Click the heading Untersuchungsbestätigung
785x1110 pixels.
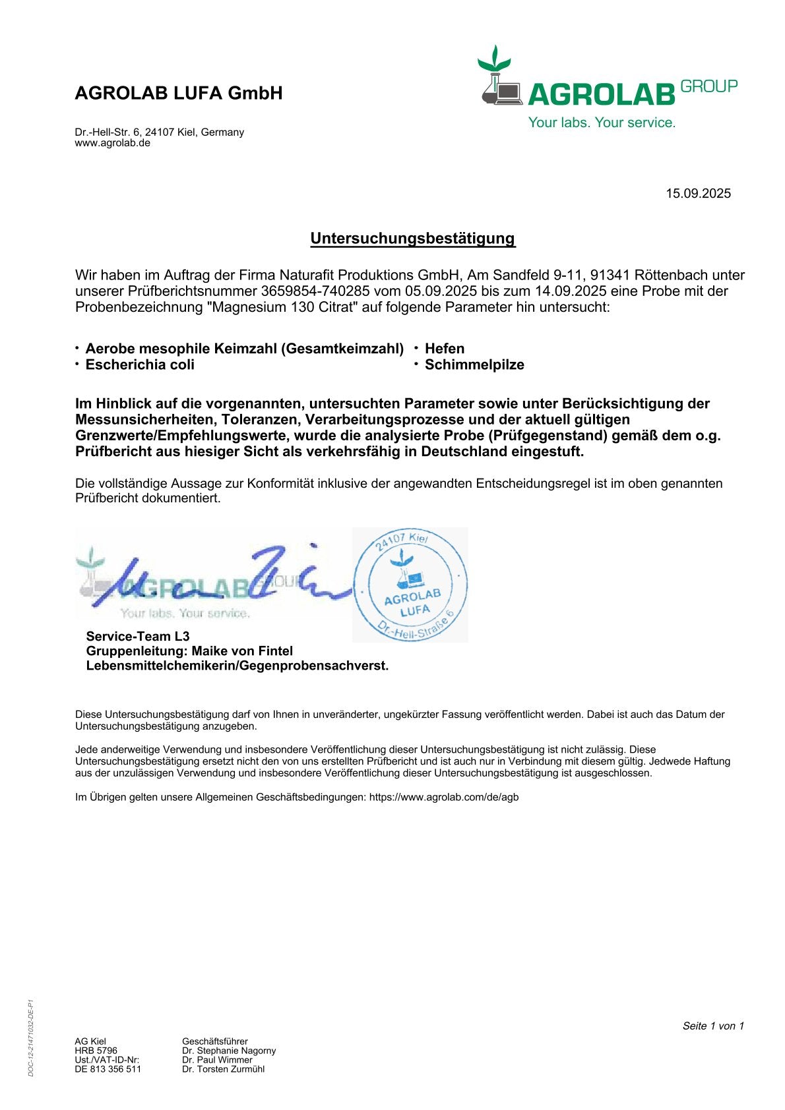pyautogui.click(x=412, y=238)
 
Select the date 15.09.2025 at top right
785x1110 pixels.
pyautogui.click(x=698, y=193)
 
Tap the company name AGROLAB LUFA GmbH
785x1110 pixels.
pyautogui.click(x=179, y=93)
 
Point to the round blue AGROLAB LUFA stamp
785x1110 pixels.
pyautogui.click(x=410, y=585)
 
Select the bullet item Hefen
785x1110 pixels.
pyautogui.click(x=445, y=349)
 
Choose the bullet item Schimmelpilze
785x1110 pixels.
pyautogui.click(x=474, y=365)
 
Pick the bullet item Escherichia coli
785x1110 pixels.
pyautogui.click(x=140, y=365)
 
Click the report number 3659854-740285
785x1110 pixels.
pyautogui.click(x=315, y=291)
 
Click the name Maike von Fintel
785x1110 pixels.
pyautogui.click(x=242, y=651)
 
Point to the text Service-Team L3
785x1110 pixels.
pyautogui.click(x=138, y=636)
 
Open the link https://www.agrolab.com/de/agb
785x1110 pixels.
pyautogui.click(x=444, y=797)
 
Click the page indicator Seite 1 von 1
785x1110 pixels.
pyautogui.click(x=713, y=1026)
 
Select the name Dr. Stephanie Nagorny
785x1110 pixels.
pyautogui.click(x=229, y=1051)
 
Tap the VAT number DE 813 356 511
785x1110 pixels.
pyautogui.click(x=108, y=1069)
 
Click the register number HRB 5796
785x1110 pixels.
pyautogui.click(x=96, y=1051)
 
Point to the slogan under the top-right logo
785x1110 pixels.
pyautogui.click(x=602, y=123)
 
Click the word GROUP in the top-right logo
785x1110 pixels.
pyautogui.click(x=708, y=86)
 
